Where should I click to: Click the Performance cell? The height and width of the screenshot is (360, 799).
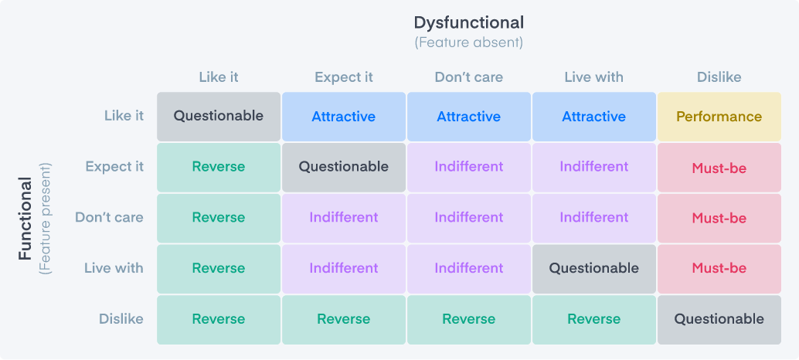pyautogui.click(x=719, y=117)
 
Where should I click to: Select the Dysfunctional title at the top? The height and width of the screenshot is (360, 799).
pyautogui.click(x=468, y=22)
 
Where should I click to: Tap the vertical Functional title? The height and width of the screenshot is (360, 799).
pyautogui.click(x=26, y=219)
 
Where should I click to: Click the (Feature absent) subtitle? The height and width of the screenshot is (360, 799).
pyautogui.click(x=468, y=42)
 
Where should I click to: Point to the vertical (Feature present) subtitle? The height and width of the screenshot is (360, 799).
pyautogui.click(x=46, y=219)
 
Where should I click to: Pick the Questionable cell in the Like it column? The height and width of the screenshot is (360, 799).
pyautogui.click(x=219, y=117)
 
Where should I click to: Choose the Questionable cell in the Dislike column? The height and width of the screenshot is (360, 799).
pyautogui.click(x=719, y=319)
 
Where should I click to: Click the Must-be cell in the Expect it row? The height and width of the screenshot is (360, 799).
pyautogui.click(x=719, y=168)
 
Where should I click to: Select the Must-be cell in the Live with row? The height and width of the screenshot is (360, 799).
pyautogui.click(x=719, y=268)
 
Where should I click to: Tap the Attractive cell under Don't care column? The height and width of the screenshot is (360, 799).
pyautogui.click(x=468, y=117)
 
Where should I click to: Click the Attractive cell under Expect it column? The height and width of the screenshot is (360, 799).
pyautogui.click(x=343, y=117)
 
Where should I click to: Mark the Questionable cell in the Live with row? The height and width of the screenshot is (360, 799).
pyautogui.click(x=593, y=268)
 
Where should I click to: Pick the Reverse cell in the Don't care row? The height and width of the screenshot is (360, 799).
pyautogui.click(x=219, y=218)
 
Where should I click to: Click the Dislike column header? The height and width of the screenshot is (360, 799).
pyautogui.click(x=719, y=77)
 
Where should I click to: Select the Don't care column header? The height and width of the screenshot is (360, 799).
pyautogui.click(x=468, y=77)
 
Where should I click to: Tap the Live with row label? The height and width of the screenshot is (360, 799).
pyautogui.click(x=114, y=268)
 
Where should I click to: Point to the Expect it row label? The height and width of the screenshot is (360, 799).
pyautogui.click(x=114, y=167)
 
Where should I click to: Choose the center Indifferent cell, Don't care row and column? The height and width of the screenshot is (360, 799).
pyautogui.click(x=468, y=218)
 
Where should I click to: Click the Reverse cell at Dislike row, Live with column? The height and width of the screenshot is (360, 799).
pyautogui.click(x=593, y=319)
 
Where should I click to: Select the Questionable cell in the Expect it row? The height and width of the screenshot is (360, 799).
pyautogui.click(x=343, y=167)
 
